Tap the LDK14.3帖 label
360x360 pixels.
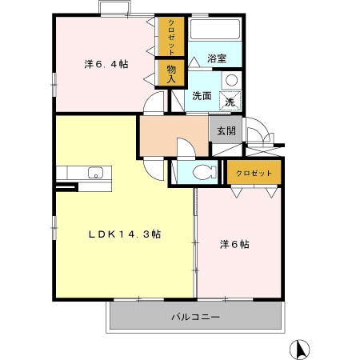[x=126, y=234]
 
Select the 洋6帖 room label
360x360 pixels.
[x=234, y=245]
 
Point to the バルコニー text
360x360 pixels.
[x=195, y=317]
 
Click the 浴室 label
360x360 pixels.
[x=216, y=58]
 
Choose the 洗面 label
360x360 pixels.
[x=202, y=96]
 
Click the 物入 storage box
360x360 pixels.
[x=171, y=72]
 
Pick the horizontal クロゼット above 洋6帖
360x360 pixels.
[x=254, y=173]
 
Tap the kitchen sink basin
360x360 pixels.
[x=94, y=172]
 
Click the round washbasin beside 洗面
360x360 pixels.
[x=230, y=81]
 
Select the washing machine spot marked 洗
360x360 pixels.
[x=230, y=102]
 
